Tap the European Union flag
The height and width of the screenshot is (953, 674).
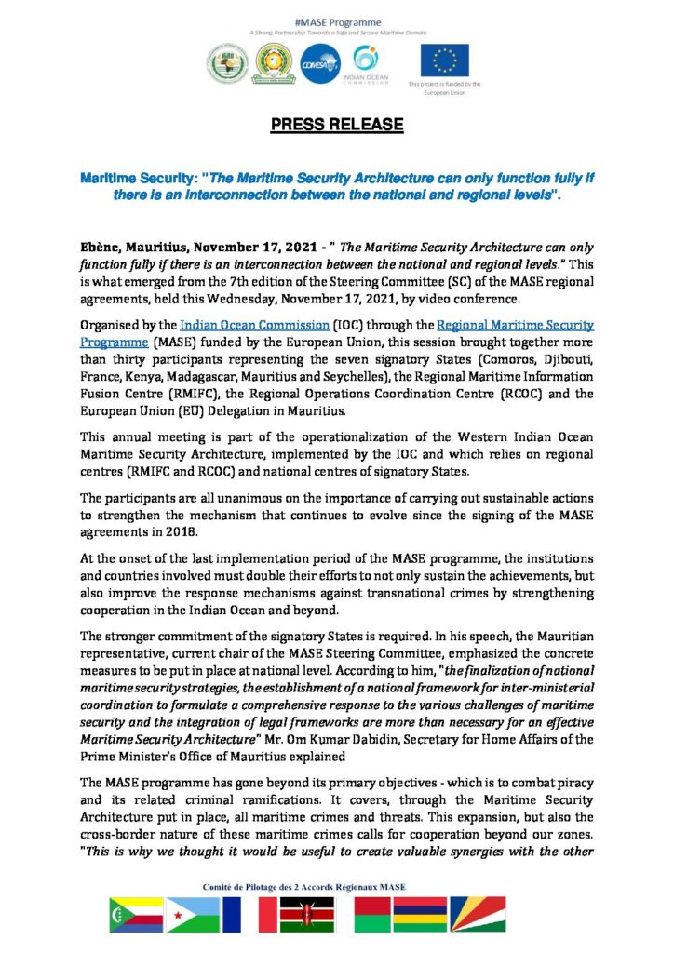coord(445,60)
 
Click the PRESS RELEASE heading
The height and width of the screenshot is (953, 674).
coord(337,125)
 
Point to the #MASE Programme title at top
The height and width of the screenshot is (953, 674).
coord(337,20)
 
